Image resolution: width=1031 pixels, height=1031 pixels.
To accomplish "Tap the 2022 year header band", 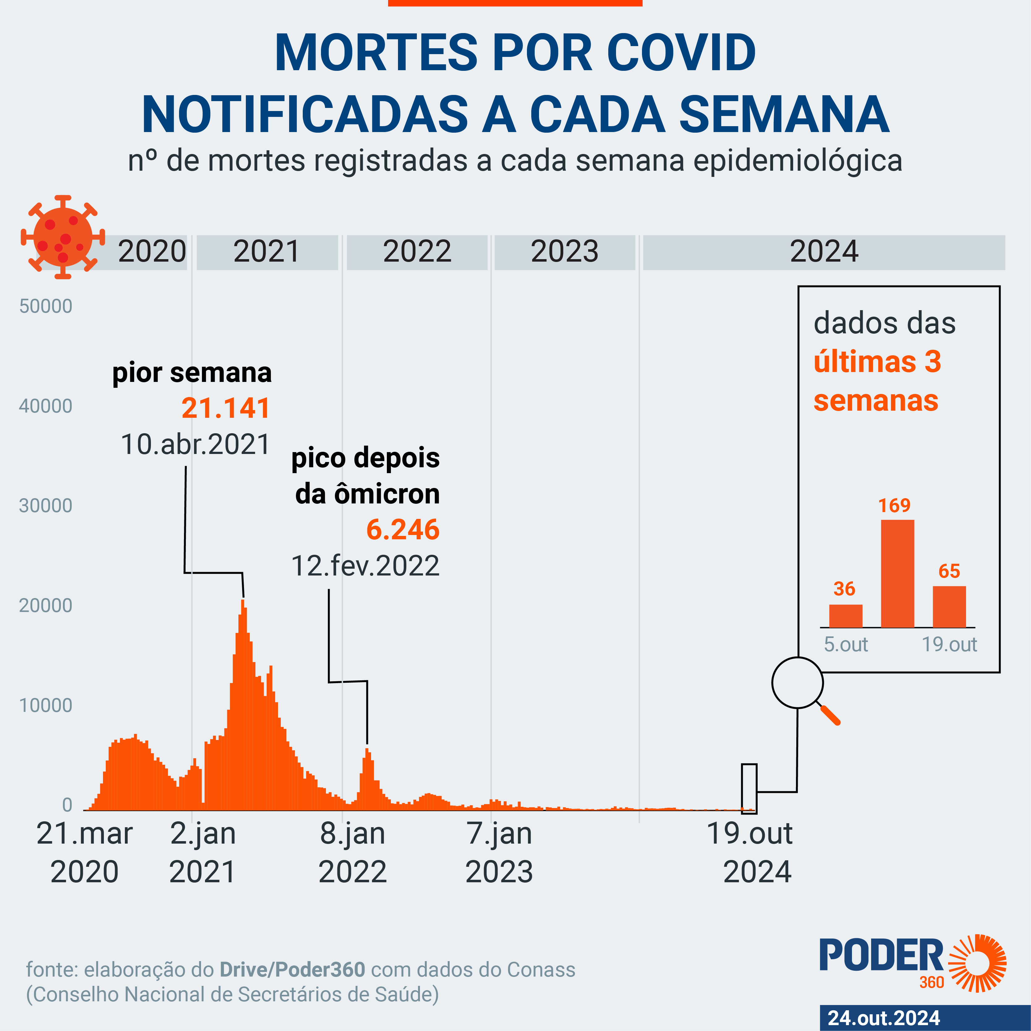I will (x=417, y=252).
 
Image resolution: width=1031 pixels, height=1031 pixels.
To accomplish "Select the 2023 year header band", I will (x=565, y=252).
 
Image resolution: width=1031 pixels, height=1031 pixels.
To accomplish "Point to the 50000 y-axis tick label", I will (x=46, y=306).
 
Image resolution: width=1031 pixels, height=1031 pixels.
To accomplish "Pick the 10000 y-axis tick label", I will (x=46, y=705).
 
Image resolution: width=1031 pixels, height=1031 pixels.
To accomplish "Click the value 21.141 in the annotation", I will (x=226, y=408).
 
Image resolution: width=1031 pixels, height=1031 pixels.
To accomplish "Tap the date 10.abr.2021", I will (x=196, y=444).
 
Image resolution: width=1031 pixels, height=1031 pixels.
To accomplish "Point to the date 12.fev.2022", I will (x=366, y=566).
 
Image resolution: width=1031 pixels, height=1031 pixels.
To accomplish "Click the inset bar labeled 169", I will (x=897, y=574).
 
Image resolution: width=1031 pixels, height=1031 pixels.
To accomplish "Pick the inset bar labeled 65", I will (x=949, y=607).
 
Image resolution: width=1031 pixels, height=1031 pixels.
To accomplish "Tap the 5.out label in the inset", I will (x=846, y=645).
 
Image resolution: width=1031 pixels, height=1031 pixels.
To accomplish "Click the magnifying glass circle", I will (x=797, y=682).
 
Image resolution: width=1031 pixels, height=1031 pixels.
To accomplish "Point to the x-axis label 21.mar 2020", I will (x=84, y=852).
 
